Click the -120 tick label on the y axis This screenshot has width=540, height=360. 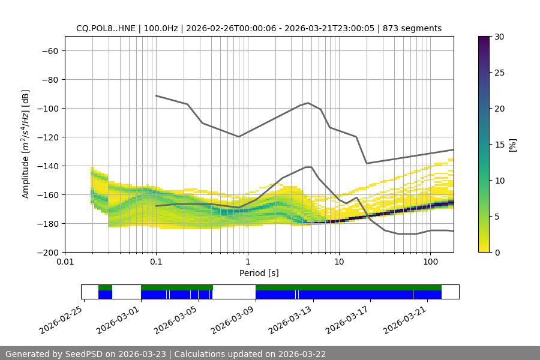click(x=48, y=137)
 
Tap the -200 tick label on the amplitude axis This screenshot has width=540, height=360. click(x=48, y=252)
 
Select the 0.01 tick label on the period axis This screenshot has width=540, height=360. click(x=65, y=262)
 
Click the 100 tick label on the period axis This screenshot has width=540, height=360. click(x=430, y=262)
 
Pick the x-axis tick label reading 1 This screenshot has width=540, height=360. click(x=247, y=262)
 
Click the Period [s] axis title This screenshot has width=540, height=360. click(x=259, y=273)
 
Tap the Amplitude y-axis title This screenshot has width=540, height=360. click(x=26, y=144)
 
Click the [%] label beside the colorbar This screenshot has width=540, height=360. click(x=512, y=145)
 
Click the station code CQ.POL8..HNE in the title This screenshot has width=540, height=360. click(x=106, y=28)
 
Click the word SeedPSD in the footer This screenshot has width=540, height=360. click(x=86, y=354)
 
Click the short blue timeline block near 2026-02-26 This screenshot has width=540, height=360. click(x=105, y=295)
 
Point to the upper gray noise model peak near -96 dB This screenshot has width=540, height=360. click(x=308, y=103)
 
